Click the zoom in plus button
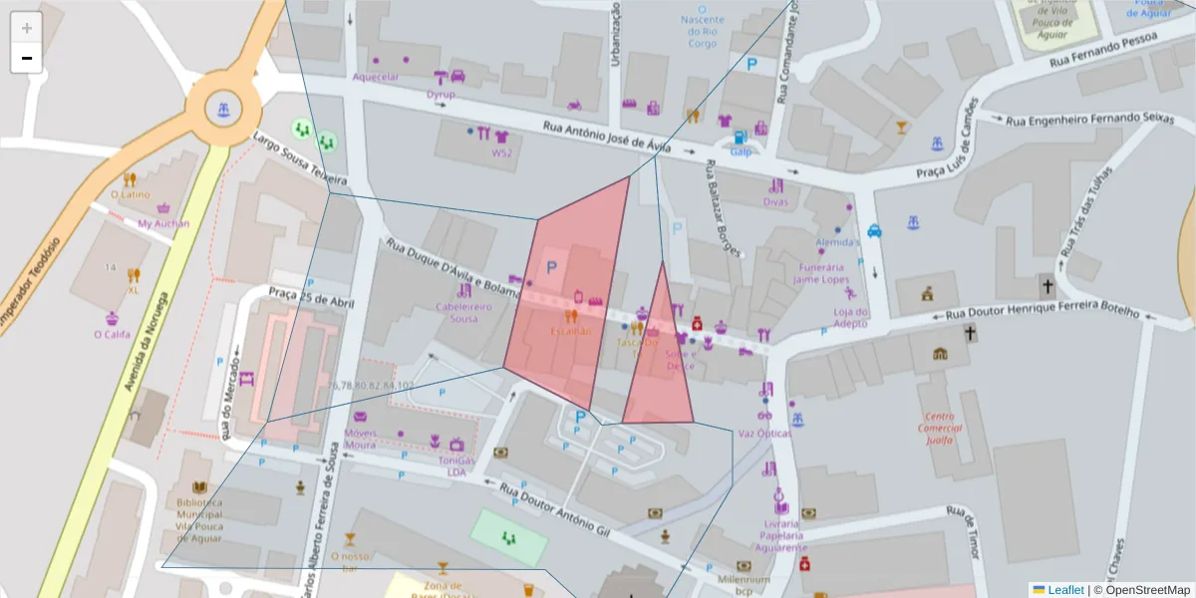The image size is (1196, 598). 26,28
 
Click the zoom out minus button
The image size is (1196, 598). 26,58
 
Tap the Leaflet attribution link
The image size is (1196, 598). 1064,590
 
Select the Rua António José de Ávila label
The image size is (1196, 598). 606,137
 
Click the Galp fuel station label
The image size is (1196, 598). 741,152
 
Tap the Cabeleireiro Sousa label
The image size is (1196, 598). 463,312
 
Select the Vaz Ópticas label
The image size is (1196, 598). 764,434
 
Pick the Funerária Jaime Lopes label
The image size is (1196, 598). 819,274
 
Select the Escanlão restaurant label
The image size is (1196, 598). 571,330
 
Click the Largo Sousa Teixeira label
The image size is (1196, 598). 299,158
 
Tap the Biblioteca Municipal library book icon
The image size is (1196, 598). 199,487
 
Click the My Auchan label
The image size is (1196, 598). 163,224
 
